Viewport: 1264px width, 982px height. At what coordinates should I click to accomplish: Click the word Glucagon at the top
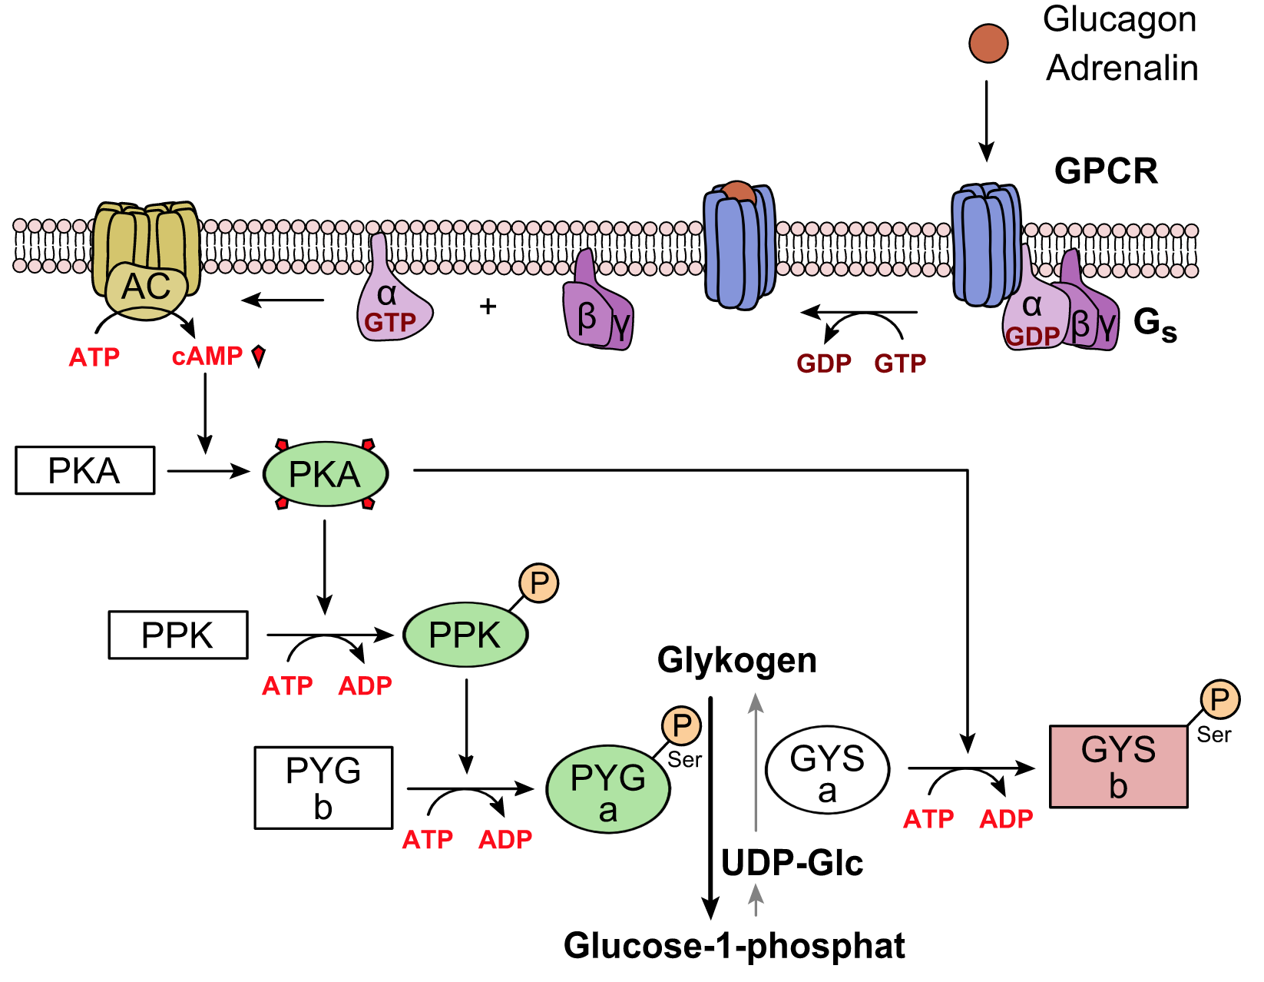(1119, 19)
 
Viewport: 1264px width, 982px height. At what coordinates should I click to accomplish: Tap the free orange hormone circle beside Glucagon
(988, 43)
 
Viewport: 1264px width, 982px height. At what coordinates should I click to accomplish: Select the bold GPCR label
(1106, 171)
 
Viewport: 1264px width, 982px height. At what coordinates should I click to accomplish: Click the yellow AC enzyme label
(146, 287)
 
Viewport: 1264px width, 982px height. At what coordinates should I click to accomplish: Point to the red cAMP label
(207, 357)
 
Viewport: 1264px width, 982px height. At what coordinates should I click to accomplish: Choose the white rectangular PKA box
(84, 470)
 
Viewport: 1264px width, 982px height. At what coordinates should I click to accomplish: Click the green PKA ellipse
(326, 473)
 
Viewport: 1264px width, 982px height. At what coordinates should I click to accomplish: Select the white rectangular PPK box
(178, 635)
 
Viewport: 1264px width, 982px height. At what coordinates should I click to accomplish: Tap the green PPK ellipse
(465, 635)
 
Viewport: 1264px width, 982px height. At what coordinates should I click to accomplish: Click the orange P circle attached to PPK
(539, 583)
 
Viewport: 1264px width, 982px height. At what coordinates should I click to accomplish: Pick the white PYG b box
(323, 788)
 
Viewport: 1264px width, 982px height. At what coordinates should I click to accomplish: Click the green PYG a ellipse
(607, 789)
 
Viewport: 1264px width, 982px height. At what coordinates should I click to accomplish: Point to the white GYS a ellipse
(827, 770)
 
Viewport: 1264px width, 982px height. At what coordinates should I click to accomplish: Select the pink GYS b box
(1118, 766)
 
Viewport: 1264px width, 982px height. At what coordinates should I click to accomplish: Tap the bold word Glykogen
(736, 661)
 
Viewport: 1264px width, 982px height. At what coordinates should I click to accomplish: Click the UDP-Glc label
(792, 863)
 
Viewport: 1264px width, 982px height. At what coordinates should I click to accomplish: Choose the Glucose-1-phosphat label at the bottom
(734, 946)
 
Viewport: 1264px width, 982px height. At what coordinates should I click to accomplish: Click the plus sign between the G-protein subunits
(488, 307)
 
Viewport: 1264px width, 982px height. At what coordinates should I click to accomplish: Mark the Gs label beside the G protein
(1154, 323)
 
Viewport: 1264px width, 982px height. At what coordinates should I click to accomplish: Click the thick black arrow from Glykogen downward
(711, 807)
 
